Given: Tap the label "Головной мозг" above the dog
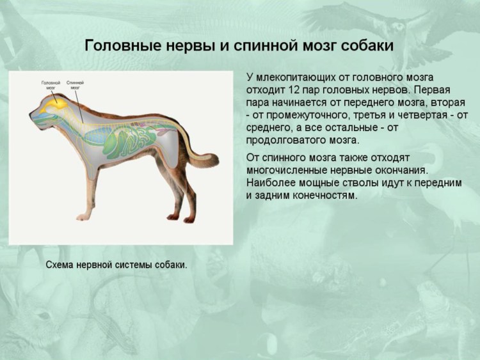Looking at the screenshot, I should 51,85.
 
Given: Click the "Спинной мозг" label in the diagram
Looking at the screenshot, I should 75,85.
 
